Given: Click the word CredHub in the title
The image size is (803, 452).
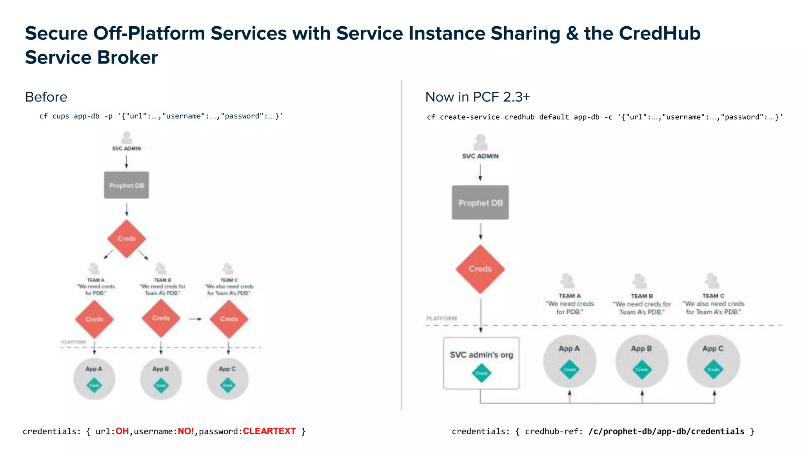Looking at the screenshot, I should pos(659,33).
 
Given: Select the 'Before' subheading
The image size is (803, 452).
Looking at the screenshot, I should pos(46,97).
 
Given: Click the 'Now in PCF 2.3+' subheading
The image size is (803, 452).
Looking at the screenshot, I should pos(477,97).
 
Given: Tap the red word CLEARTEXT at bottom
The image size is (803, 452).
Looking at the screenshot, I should pos(269,431).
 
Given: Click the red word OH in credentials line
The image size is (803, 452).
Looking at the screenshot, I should pos(122,431).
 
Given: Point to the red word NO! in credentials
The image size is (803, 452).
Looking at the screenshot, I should pos(186,431).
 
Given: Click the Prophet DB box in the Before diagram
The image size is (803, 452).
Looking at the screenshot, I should pos(126,185).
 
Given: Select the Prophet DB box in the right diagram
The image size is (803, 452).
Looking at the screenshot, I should pos(480,202).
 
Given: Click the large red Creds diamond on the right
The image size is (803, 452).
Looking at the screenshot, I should pos(480,269).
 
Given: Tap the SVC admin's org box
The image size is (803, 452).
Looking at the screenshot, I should pos(481,363).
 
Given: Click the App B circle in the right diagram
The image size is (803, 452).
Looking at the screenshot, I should pos(641,361).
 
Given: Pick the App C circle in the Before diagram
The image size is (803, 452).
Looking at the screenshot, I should pos(227,379).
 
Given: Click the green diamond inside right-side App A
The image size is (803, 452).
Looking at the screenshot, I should pos(569,370).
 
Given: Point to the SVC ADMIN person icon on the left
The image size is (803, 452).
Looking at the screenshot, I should pos(126,138).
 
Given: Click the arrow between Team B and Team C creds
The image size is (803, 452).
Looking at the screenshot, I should pos(195,319).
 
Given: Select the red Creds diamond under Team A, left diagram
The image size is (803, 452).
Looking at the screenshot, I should pos(94,319).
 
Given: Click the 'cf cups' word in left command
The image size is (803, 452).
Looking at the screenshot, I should pos(54,116).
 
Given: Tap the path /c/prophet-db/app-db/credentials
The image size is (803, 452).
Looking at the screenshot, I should pos(666,432).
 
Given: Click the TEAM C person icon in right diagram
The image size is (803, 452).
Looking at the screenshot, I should pos(712,281).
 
